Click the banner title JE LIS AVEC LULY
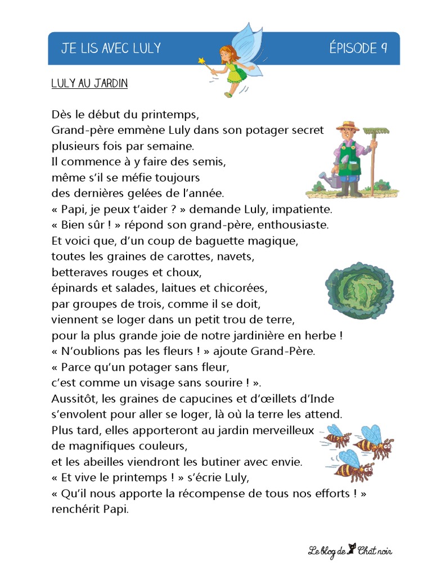click(111, 48)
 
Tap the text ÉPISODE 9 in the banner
click(358, 48)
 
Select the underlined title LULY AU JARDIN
click(89, 84)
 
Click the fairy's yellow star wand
click(201, 60)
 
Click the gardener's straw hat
click(347, 126)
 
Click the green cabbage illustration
click(359, 290)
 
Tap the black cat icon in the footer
click(352, 548)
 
